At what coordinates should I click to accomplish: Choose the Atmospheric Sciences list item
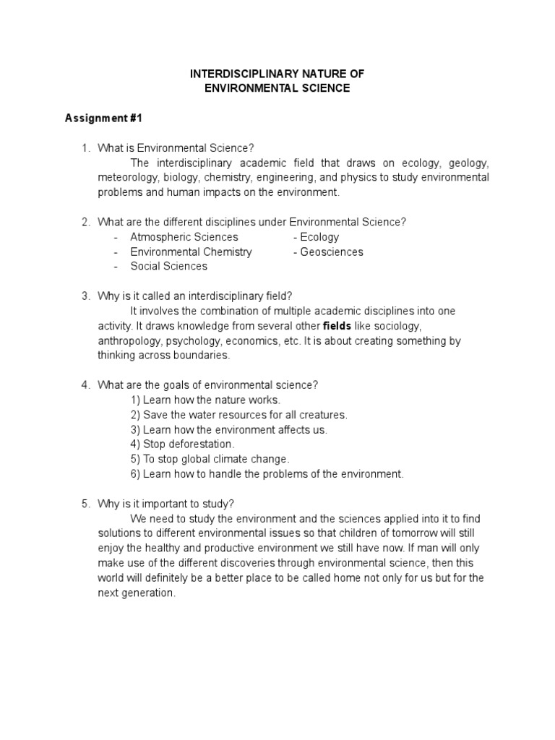tap(184, 237)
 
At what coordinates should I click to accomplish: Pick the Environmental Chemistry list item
tap(191, 251)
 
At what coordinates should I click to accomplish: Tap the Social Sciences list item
tap(168, 266)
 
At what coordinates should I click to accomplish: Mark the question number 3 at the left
tap(85, 296)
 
